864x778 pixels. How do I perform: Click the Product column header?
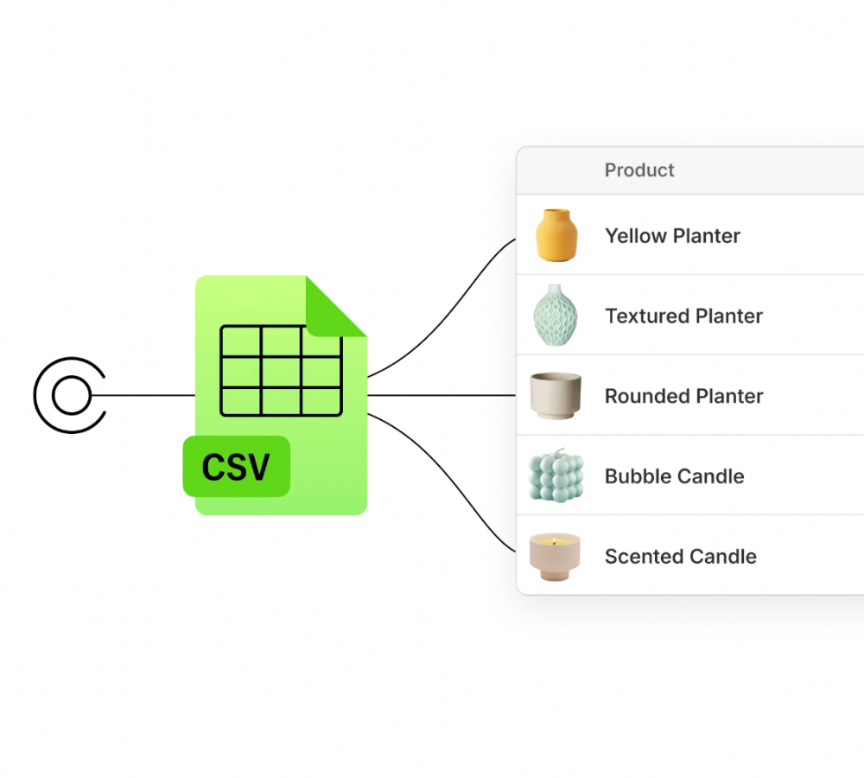click(x=639, y=170)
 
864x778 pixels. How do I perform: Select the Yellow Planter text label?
click(x=672, y=236)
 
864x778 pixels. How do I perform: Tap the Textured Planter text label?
click(x=683, y=316)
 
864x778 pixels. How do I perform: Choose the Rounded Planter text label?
click(x=683, y=396)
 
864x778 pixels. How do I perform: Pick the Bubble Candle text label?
click(x=674, y=476)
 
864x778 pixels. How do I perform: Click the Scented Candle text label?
click(x=680, y=557)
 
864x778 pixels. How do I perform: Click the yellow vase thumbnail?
click(x=556, y=235)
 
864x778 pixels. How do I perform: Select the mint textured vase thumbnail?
click(x=555, y=316)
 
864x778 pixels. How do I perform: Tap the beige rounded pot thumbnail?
click(x=556, y=396)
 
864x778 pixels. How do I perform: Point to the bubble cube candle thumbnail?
click(x=556, y=475)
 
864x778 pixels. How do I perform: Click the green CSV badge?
click(x=236, y=467)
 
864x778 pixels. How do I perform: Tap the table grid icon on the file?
click(x=281, y=370)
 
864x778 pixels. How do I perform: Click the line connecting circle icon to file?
click(x=143, y=396)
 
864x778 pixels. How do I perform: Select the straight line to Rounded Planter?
click(x=441, y=396)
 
